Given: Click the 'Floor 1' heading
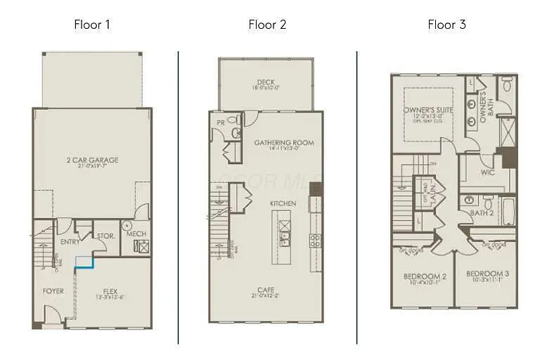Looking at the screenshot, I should (x=92, y=25).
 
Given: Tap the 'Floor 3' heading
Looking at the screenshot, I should (x=446, y=25).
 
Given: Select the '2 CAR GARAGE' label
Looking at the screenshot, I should (x=92, y=160).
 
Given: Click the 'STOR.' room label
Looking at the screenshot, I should (x=105, y=236).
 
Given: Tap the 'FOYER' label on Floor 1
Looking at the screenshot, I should (x=53, y=290).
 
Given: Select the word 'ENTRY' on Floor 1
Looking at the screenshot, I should (x=70, y=242).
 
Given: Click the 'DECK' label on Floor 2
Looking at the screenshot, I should (x=266, y=82).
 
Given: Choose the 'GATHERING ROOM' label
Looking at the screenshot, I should (x=284, y=142).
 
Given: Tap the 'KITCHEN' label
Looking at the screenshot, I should (x=283, y=203).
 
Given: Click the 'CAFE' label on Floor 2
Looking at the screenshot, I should (x=266, y=289).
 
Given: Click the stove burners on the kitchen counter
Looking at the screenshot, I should (x=316, y=240).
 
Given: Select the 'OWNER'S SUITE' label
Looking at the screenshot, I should (x=428, y=110).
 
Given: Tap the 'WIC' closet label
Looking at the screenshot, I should (x=488, y=171).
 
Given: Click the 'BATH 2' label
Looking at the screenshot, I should (x=482, y=212).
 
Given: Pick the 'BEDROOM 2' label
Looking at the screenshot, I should (x=425, y=276).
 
